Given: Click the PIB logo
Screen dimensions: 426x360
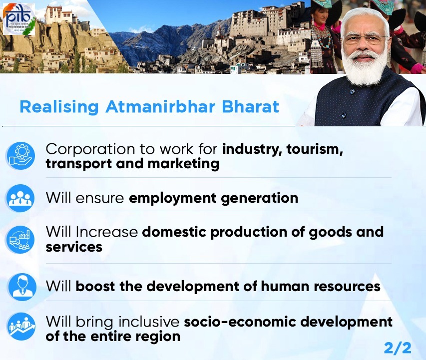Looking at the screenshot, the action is [19, 19].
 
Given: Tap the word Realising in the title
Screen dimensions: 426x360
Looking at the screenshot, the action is [59, 107].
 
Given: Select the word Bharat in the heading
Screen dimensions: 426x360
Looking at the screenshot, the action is [251, 106].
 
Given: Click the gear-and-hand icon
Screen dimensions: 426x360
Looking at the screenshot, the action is [20, 156].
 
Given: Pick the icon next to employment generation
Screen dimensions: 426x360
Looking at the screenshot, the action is [20, 198].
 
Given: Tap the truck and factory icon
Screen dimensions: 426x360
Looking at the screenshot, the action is [20, 240].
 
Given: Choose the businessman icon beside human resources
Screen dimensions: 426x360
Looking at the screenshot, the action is [22, 287].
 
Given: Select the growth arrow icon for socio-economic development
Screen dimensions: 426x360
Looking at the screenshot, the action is [21, 327].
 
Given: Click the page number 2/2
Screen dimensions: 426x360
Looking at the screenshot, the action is [398, 348].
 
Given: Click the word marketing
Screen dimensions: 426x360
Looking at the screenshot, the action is [183, 164].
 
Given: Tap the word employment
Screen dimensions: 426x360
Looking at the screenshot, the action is [172, 198].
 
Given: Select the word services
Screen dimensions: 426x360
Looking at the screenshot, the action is [74, 247].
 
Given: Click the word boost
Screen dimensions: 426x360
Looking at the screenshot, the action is [95, 287].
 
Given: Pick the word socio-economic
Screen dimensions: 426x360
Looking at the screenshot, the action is [240, 322].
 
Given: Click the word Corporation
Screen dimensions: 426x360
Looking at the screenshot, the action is [90, 149].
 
